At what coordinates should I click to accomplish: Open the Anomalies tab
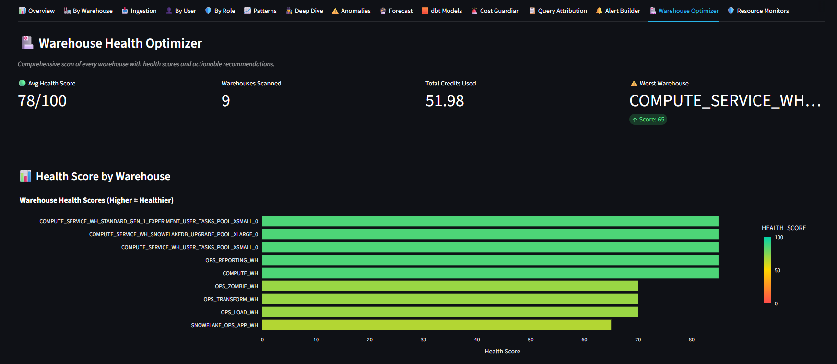point(351,11)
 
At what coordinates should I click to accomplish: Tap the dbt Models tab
point(442,11)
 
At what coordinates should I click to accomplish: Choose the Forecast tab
point(396,11)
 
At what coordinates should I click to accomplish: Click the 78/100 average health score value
point(42,101)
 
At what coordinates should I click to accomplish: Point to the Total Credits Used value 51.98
point(445,101)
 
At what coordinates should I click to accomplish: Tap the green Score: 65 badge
point(648,120)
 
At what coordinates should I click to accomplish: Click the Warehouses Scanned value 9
point(226,101)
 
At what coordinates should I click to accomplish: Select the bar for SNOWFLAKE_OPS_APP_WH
point(436,325)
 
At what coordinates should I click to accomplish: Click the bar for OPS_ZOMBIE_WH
point(450,286)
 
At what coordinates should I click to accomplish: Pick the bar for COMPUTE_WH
point(490,273)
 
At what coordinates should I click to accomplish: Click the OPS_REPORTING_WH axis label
point(232,260)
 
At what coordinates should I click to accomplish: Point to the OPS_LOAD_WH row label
point(239,312)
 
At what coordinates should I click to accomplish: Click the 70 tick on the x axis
point(638,340)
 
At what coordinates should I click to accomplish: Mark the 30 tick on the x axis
point(424,340)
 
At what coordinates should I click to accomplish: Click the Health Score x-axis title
point(502,352)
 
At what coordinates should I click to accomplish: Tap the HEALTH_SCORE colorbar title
point(784,228)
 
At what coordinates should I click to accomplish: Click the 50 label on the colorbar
point(778,271)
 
